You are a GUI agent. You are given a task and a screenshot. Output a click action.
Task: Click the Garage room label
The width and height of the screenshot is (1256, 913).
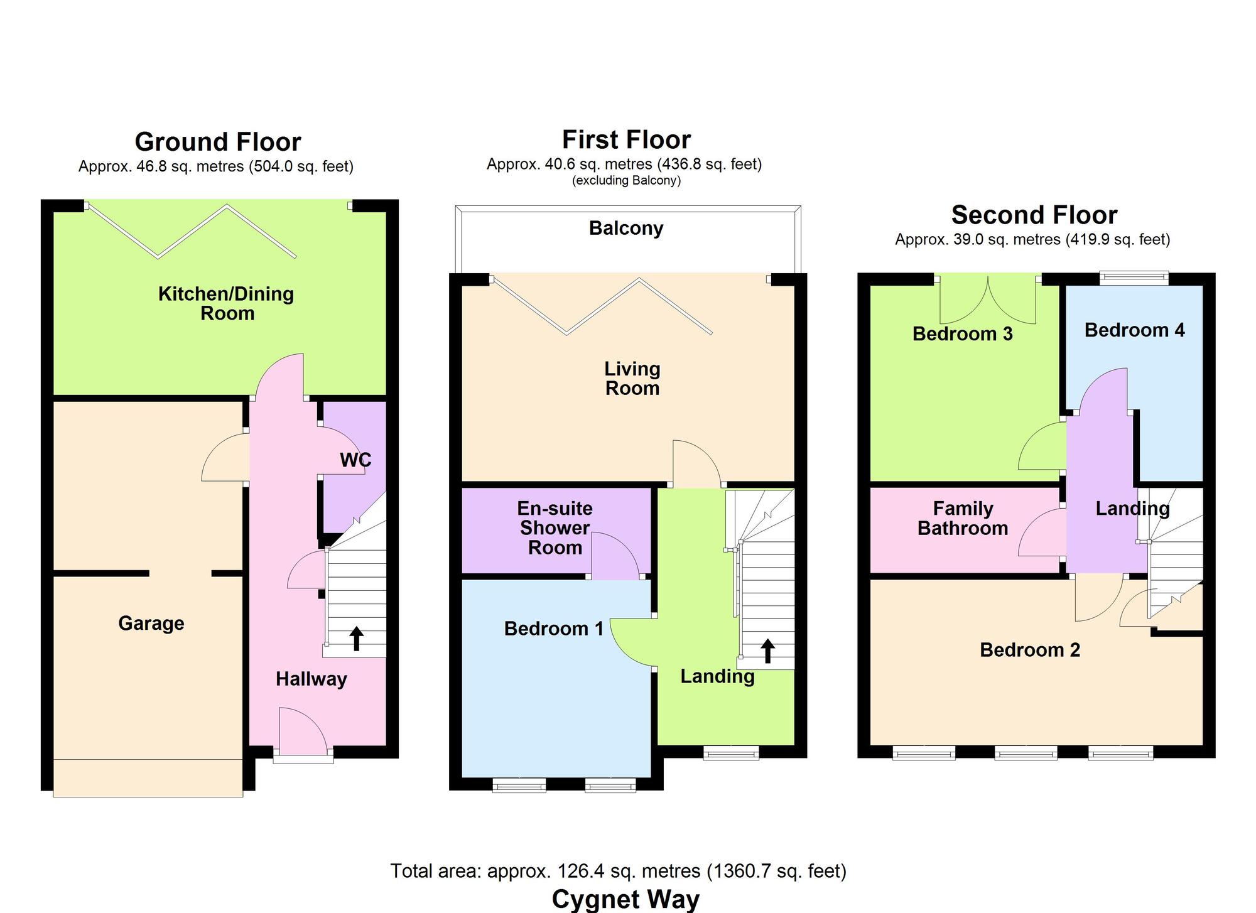pos(151,624)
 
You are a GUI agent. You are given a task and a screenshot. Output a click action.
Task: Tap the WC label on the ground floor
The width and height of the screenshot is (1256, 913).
pos(355,460)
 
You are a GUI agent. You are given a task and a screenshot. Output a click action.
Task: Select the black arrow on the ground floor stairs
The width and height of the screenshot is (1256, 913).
pos(356,638)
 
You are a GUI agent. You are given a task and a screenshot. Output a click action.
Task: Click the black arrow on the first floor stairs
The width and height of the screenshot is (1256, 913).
pos(767,651)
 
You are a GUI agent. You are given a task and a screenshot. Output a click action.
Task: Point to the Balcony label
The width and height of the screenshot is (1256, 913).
pos(626,228)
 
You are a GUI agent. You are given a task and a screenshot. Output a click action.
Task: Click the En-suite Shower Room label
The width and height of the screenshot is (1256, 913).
pos(555,528)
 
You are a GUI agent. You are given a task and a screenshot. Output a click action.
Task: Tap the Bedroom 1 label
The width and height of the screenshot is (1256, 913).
pos(553,629)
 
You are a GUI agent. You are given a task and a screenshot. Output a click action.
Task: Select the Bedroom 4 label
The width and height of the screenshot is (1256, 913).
pos(1134,330)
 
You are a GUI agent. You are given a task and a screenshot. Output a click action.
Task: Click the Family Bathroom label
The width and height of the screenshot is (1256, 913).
pos(963,519)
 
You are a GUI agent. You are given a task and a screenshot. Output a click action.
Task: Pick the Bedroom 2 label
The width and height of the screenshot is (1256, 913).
pos(1030,650)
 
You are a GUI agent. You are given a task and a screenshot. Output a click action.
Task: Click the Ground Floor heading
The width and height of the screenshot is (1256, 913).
pos(218,142)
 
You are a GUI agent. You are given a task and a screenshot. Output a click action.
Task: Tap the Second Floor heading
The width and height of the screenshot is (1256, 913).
pos(1034,215)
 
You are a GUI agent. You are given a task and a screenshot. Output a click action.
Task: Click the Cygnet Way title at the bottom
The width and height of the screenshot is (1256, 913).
pos(625,899)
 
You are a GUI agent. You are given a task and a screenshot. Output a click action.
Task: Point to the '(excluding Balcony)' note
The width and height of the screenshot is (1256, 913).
pos(626,181)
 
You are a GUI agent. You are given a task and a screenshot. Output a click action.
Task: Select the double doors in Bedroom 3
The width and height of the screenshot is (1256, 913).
pos(988,301)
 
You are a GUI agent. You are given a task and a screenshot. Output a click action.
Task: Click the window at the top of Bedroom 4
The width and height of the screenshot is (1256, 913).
pos(1134,278)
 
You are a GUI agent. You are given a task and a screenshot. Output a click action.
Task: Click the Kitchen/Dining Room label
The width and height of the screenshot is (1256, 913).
pos(226,303)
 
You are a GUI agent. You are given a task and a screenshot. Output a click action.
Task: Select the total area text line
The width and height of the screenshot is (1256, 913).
pos(618,871)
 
